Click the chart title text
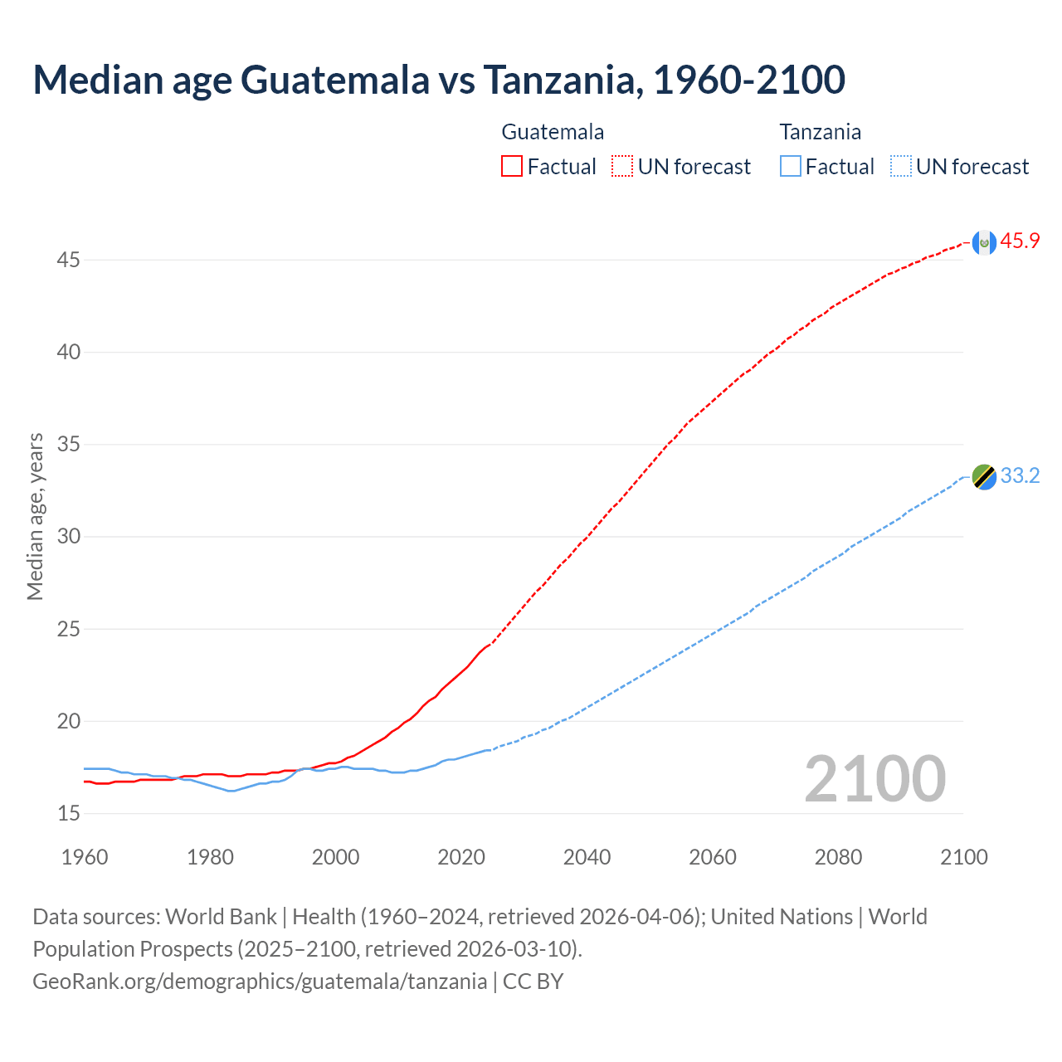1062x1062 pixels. (439, 80)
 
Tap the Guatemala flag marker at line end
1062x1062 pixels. (984, 242)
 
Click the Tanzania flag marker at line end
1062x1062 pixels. (984, 477)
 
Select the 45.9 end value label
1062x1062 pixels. (1020, 241)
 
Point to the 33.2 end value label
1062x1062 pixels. (1020, 476)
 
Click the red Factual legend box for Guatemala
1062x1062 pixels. (512, 167)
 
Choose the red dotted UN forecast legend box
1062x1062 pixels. (622, 167)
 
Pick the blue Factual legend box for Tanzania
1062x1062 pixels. (790, 167)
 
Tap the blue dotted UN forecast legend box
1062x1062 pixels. (900, 167)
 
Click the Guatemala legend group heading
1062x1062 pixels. (553, 132)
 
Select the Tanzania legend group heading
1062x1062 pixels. (820, 132)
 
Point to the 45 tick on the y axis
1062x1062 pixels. (68, 261)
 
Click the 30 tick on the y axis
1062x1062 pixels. (68, 537)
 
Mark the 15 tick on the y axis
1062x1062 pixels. (68, 814)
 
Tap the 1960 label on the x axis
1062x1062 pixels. (85, 857)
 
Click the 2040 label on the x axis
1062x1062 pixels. (587, 857)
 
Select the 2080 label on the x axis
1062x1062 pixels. (838, 857)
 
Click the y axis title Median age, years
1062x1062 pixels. (35, 516)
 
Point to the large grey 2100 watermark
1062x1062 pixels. (874, 779)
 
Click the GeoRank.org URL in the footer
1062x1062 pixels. (260, 982)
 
